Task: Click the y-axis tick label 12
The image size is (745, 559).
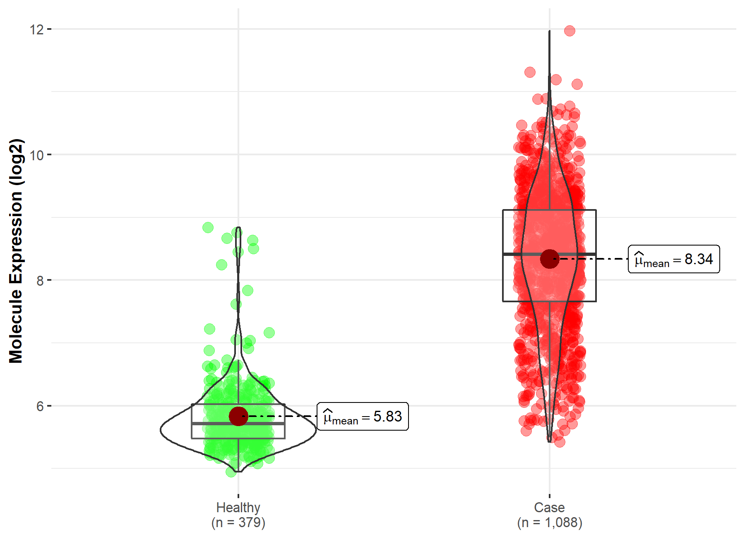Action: point(36,29)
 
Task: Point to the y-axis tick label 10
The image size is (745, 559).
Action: point(36,155)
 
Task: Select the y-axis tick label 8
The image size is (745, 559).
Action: point(40,281)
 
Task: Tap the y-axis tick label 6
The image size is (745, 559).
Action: point(40,406)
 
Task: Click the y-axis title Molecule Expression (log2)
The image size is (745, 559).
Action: point(16,251)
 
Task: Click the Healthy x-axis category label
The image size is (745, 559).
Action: point(238,507)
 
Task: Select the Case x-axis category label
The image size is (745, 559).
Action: point(549,507)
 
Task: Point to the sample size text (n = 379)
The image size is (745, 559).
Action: point(238,523)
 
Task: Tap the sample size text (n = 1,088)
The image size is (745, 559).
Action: point(549,523)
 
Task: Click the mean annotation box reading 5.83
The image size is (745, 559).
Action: point(363,417)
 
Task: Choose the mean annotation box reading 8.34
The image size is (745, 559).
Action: point(674,259)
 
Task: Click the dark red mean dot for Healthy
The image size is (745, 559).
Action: point(238,416)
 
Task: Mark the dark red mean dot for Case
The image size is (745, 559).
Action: point(550,259)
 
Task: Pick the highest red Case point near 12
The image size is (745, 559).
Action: point(570,31)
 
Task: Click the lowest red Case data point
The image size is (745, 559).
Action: point(560,442)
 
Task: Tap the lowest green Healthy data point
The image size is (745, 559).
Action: point(231,472)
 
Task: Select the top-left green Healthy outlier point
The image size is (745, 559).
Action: point(208,227)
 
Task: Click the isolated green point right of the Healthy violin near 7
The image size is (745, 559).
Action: point(269,333)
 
